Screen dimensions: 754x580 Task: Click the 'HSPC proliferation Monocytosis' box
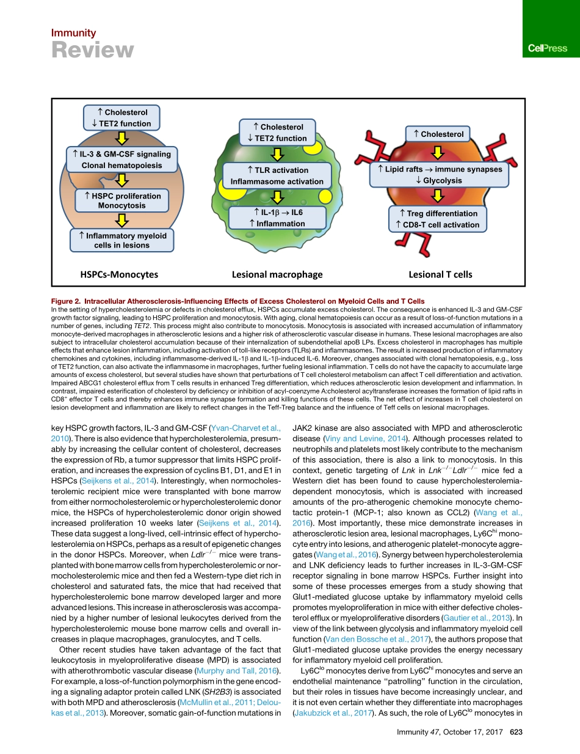pyautogui.click(x=122, y=200)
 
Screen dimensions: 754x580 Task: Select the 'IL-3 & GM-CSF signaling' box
pyautogui.click(x=121, y=159)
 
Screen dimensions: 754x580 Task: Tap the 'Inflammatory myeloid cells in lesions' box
pyautogui.click(x=122, y=240)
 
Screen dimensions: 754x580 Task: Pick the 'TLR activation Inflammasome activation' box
pyautogui.click(x=277, y=176)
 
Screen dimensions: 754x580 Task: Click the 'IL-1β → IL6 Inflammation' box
pyautogui.click(x=277, y=218)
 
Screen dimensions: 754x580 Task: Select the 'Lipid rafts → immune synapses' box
pyautogui.click(x=438, y=174)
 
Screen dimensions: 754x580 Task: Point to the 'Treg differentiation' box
pyautogui.click(x=438, y=219)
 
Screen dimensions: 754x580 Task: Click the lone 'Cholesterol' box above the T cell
pyautogui.click(x=438, y=134)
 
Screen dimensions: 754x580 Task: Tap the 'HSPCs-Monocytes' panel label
pyautogui.click(x=119, y=274)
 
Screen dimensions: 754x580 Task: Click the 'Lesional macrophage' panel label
pyautogui.click(x=277, y=274)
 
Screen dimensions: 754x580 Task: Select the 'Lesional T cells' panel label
pyautogui.click(x=440, y=274)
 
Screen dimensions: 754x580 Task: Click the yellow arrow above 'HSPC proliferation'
pyautogui.click(x=122, y=179)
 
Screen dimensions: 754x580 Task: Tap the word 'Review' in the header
pyautogui.click(x=92, y=50)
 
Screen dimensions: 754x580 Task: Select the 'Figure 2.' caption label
pyautogui.click(x=67, y=302)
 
